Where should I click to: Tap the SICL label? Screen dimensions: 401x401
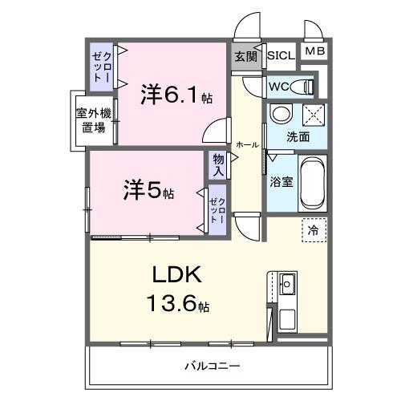tap(281, 56)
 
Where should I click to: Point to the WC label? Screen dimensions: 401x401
tap(279, 86)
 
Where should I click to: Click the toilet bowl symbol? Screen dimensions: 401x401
tap(302, 86)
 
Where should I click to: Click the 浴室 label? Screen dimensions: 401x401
tap(282, 181)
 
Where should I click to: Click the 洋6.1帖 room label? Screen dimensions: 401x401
tap(176, 95)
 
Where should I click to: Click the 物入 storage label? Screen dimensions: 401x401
tap(219, 164)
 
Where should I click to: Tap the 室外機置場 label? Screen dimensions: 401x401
tap(95, 121)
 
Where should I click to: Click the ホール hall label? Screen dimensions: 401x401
tap(246, 145)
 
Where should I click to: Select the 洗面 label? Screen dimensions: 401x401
tap(298, 137)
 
